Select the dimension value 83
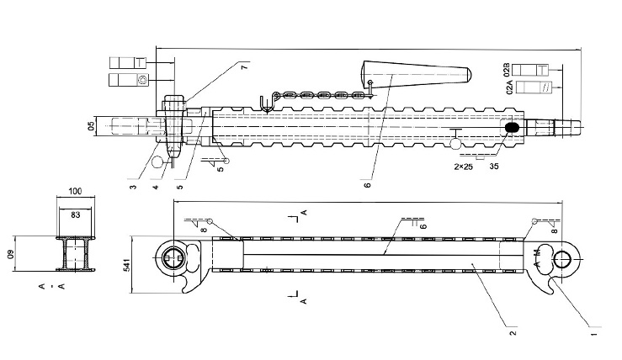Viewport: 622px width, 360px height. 75,215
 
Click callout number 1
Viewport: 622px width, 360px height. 593,334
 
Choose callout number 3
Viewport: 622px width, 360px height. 133,187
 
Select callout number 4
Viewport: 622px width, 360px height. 155,187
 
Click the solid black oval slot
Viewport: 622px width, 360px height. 511,126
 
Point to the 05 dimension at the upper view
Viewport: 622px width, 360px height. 91,126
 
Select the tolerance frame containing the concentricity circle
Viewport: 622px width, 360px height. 129,80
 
